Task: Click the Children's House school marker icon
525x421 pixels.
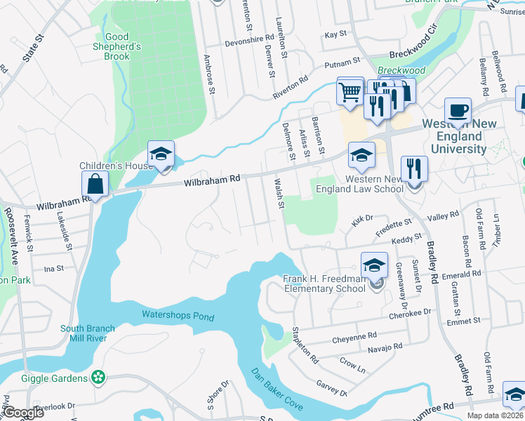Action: click(161, 155)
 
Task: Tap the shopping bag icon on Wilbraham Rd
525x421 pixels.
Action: click(95, 185)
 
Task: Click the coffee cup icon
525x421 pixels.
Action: click(458, 111)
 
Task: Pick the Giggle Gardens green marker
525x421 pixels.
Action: click(100, 378)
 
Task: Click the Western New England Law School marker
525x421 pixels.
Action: click(362, 156)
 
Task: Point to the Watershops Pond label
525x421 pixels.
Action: click(178, 316)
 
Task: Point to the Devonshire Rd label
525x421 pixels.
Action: click(248, 43)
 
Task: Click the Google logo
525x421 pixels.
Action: click(23, 413)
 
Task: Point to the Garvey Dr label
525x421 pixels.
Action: click(332, 388)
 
